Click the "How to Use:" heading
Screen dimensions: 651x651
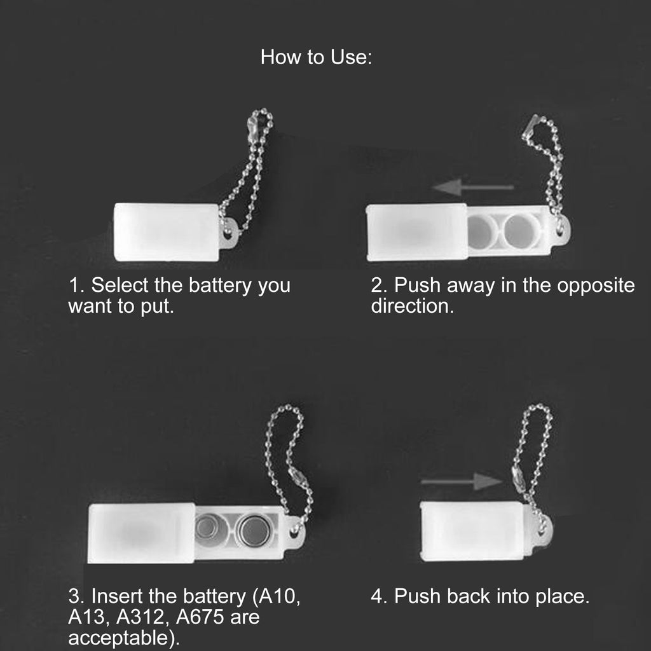pyautogui.click(x=316, y=57)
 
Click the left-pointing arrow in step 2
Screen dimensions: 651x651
pyautogui.click(x=473, y=188)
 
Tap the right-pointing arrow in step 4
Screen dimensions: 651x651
pyautogui.click(x=462, y=482)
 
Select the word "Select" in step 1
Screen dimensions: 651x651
pyautogui.click(x=120, y=285)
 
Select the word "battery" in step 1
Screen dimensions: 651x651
pyautogui.click(x=220, y=285)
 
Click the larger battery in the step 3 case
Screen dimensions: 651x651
pyautogui.click(x=254, y=530)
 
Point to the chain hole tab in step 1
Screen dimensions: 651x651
pyautogui.click(x=229, y=233)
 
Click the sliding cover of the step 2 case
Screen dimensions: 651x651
pyautogui.click(x=417, y=233)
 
